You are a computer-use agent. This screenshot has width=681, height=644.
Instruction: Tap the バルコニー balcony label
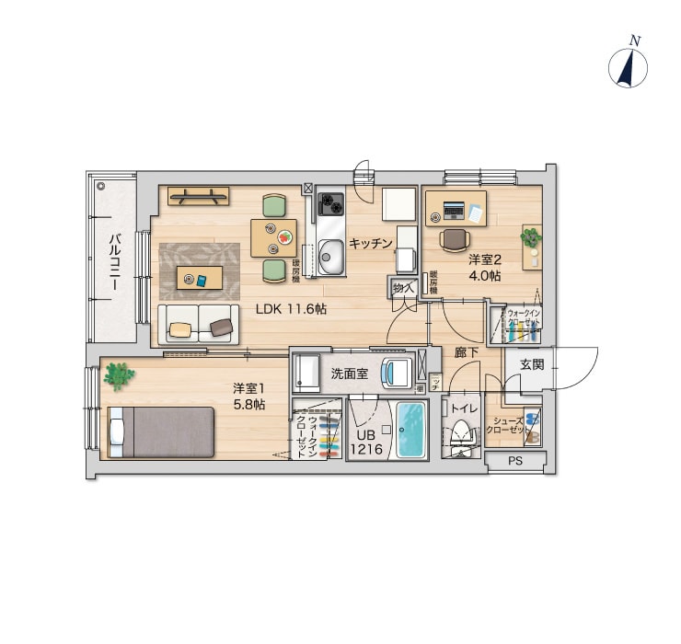115,263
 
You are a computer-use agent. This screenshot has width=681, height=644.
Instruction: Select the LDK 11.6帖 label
291,310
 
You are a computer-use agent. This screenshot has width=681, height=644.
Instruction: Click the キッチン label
371,243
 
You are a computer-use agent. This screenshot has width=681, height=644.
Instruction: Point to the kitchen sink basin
330,249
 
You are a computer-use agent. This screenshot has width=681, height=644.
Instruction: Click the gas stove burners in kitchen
330,204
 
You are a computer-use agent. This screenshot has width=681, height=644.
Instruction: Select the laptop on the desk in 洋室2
455,211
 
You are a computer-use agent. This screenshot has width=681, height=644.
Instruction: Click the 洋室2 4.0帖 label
484,267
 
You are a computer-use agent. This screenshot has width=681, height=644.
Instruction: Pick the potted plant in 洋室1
118,374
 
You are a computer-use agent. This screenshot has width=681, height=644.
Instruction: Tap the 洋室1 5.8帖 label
248,397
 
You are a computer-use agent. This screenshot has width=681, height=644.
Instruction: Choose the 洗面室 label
350,374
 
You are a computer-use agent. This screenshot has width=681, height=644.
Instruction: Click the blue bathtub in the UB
410,431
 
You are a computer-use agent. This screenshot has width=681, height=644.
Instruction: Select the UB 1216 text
364,443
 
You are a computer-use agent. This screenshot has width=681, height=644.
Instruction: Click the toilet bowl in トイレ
459,433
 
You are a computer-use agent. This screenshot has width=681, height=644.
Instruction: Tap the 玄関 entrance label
532,364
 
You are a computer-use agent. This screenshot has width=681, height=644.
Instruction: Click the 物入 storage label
402,288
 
